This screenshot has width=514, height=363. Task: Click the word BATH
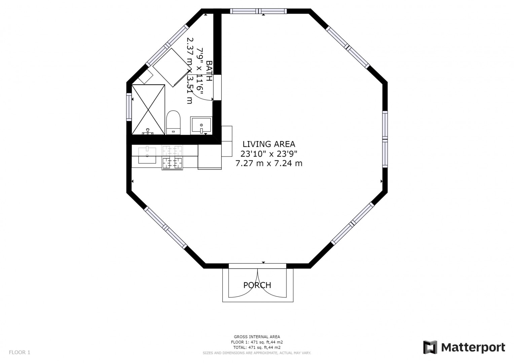[209, 71]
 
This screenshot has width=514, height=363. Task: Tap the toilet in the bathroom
[173, 123]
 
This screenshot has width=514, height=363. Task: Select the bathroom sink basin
[201, 125]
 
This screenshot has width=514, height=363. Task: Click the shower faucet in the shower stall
[148, 131]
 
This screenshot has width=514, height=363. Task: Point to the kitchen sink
[147, 155]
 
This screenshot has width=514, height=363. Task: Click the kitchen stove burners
[172, 157]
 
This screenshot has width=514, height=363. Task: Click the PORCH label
[257, 285]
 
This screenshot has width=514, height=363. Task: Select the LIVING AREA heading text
[269, 144]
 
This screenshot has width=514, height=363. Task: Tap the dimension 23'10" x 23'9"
[269, 154]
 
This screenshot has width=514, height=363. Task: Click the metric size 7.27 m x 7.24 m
[269, 163]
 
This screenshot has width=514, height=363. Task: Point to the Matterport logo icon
[430, 347]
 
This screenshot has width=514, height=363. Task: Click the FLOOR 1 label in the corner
[20, 352]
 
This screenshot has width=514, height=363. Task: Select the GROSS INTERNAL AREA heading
[257, 337]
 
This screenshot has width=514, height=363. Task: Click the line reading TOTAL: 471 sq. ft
[257, 348]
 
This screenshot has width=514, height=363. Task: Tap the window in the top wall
[258, 11]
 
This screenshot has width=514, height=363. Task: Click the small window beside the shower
[129, 107]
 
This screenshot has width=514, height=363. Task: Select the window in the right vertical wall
[385, 139]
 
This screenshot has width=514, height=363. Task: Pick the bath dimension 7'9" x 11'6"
[200, 71]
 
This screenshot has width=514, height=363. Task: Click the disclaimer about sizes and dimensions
[257, 353]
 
